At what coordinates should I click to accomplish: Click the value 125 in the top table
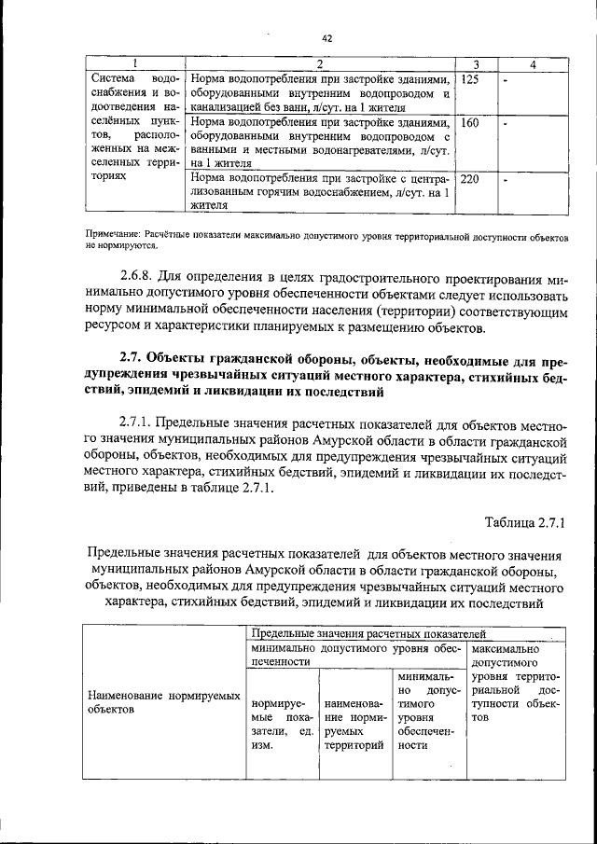(x=470, y=80)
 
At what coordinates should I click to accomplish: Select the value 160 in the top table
(x=470, y=123)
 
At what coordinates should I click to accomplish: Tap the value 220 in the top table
(x=472, y=179)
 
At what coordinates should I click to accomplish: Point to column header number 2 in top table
(x=319, y=64)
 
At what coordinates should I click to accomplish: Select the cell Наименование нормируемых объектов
(x=158, y=702)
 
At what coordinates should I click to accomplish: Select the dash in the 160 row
(x=505, y=123)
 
